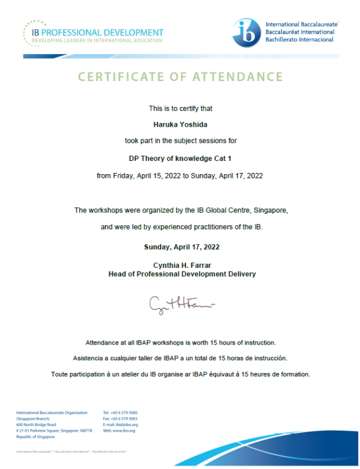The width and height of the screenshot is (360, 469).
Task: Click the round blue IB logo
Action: coord(247,32)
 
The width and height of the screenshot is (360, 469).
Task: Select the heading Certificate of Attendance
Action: coord(180,77)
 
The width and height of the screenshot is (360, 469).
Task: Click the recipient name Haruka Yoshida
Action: coord(180,125)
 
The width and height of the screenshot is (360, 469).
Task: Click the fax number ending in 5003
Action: coord(125,419)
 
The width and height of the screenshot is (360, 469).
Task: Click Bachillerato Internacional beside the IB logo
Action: coord(300,40)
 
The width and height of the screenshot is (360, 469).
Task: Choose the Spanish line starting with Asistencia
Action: coord(180,358)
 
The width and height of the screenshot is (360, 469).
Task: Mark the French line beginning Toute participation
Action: coord(180,374)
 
